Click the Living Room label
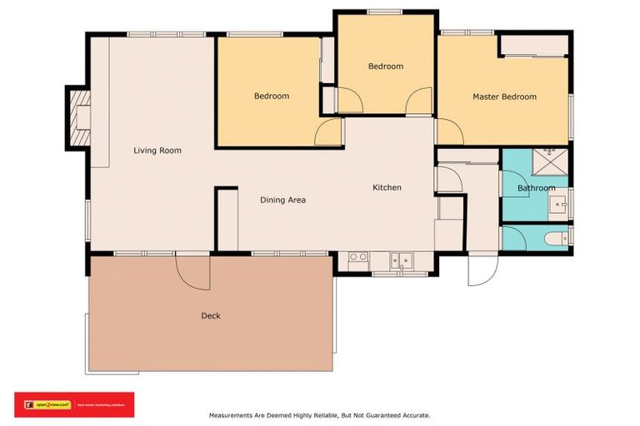[x=157, y=151]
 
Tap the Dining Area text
[x=282, y=200]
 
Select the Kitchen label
[x=387, y=187]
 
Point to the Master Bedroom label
[x=504, y=97]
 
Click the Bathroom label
[x=536, y=188]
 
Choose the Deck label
[x=211, y=315]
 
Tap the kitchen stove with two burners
[x=358, y=257]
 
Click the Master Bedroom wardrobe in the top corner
[x=533, y=45]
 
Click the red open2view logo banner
[x=73, y=404]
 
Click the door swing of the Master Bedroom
[x=447, y=131]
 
